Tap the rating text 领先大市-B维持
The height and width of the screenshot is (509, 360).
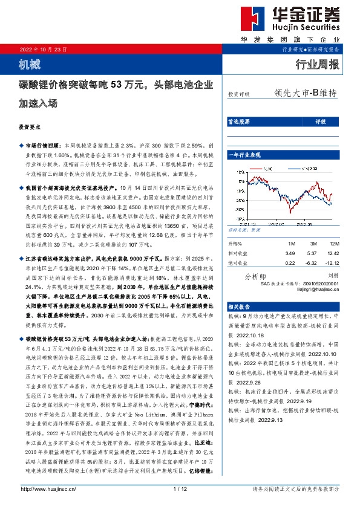pyautogui.click(x=305, y=94)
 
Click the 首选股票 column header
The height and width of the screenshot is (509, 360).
pyautogui.click(x=238, y=122)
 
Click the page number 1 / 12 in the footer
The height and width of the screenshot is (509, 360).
pyautogui.click(x=179, y=488)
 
